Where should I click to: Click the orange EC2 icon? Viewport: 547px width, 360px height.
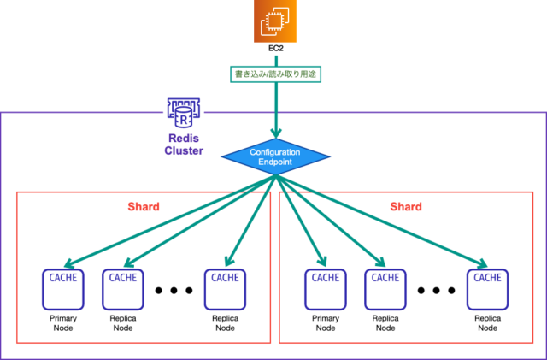(275, 21)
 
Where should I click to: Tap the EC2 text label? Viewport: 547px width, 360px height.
(275, 49)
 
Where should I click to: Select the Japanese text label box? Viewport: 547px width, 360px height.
(275, 74)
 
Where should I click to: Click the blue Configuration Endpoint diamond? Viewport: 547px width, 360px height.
(275, 156)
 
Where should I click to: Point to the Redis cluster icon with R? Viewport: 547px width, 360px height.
(184, 113)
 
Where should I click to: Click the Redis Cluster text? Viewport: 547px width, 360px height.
(184, 145)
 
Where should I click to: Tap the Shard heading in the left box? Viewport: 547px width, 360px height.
(144, 206)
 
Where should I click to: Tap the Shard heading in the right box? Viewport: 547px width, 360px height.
(406, 206)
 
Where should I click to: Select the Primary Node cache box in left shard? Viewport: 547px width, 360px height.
(63, 290)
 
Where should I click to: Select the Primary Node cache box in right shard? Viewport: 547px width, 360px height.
(326, 290)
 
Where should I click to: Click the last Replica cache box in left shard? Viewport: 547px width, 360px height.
(225, 290)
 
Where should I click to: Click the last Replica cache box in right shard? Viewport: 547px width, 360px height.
(487, 290)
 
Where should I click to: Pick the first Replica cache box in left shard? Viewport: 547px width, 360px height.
(123, 290)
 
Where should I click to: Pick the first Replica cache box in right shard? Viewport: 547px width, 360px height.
(385, 290)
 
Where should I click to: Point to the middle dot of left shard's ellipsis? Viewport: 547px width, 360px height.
(174, 290)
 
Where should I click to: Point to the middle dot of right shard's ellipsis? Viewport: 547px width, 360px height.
(436, 290)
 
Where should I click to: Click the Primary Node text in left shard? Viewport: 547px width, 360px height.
(63, 323)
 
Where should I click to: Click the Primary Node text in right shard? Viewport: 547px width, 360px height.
(326, 323)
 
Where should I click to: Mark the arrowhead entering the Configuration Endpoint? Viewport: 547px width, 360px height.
(276, 133)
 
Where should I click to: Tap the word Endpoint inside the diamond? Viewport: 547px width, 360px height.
(275, 162)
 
